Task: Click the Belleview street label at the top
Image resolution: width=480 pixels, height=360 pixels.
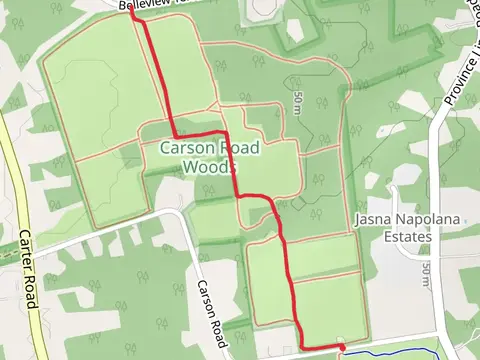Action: [x=141, y=5]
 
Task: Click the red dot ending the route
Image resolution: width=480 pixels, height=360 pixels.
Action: [x=341, y=347]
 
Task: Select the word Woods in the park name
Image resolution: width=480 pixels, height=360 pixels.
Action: [x=210, y=167]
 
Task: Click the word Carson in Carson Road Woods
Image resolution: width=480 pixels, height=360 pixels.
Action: [x=182, y=149]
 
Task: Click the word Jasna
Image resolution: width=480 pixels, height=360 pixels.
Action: [x=372, y=218]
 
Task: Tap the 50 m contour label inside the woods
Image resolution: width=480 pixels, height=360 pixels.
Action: [x=299, y=100]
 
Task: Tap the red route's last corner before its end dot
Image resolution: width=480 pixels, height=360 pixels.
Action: [x=302, y=346]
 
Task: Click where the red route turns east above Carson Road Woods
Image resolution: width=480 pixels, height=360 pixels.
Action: [x=176, y=135]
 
